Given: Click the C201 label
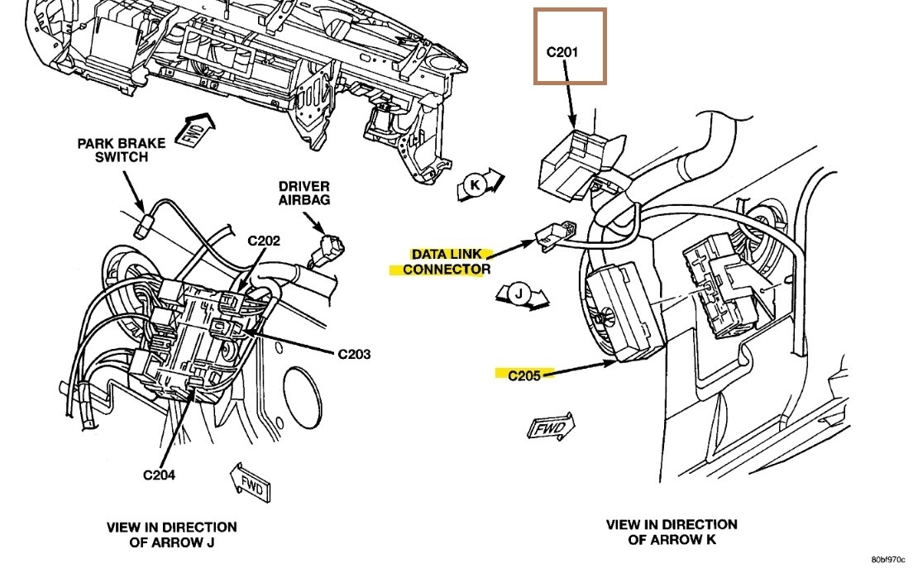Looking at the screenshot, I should coord(562,52).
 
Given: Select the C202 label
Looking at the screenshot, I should coord(264,241).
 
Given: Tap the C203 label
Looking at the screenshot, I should coord(354,354).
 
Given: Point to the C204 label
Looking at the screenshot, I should coord(159,475).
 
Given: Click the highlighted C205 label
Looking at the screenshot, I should coord(523,375).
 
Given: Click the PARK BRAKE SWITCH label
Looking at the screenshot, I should coord(122,150).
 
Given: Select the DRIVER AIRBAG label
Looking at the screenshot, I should coord(304,193).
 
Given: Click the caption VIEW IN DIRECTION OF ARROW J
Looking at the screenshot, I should coord(171,533).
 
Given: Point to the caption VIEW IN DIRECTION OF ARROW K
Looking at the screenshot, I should coord(672,532).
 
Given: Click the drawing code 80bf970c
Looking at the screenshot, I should coord(887,559).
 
